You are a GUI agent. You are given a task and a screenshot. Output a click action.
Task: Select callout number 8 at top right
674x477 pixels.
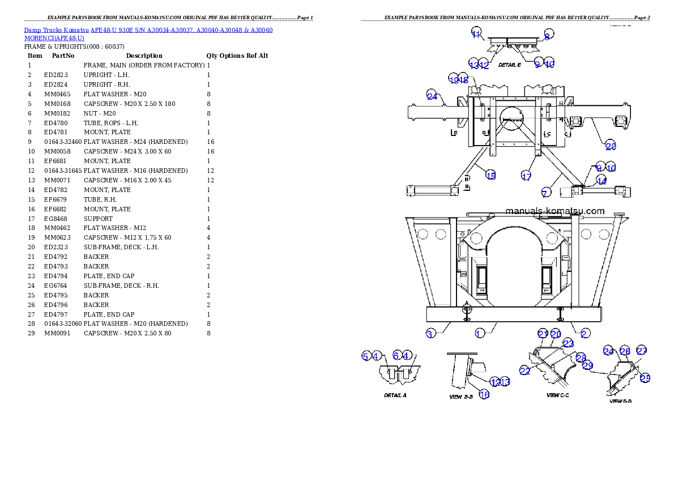547,35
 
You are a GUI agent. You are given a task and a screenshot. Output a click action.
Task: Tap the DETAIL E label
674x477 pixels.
509,65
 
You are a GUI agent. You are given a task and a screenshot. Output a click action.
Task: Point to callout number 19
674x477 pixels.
454,79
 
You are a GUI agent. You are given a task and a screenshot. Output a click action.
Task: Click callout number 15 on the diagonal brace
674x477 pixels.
491,176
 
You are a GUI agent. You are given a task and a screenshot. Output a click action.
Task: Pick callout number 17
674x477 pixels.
526,176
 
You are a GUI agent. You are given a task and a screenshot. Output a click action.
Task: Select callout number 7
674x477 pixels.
544,194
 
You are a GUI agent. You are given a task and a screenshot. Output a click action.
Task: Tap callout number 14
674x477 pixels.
602,181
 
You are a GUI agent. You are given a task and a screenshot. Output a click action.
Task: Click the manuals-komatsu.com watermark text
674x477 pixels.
554,211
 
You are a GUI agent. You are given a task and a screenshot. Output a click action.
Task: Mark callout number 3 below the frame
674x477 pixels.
430,334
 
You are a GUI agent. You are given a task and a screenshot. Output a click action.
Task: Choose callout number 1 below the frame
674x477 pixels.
479,334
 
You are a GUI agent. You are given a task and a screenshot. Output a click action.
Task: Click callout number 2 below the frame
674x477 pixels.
585,334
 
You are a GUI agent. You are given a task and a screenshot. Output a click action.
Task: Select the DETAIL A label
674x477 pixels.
395,395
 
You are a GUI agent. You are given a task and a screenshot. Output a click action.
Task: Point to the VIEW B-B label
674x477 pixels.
460,397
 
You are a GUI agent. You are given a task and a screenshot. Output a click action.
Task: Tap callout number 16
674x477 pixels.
484,394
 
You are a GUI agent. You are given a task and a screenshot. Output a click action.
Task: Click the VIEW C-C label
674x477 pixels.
557,395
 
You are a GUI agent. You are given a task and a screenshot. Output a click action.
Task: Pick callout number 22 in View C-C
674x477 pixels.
525,370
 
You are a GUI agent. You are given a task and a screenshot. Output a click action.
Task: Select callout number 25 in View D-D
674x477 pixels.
645,378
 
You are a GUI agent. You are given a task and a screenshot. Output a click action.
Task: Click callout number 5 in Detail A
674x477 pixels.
366,356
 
